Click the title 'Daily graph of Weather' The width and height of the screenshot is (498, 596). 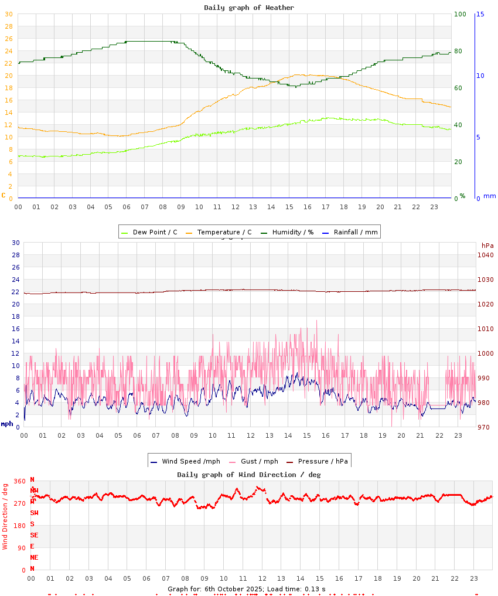click(249, 8)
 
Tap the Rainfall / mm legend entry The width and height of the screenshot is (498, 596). click(355, 232)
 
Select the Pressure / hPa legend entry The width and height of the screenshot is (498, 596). click(322, 461)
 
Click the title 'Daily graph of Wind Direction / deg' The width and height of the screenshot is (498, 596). click(249, 475)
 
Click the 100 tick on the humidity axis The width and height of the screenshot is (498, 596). click(459, 14)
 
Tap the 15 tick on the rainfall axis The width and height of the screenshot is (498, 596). click(480, 14)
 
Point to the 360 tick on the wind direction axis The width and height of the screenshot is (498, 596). click(20, 481)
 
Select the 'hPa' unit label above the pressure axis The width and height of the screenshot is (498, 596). click(487, 246)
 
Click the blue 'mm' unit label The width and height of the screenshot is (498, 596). click(489, 196)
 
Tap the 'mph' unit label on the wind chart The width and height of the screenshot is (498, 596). click(7, 424)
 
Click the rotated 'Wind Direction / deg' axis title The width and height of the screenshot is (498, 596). click(5, 516)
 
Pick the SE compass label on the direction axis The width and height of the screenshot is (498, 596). click(35, 535)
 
